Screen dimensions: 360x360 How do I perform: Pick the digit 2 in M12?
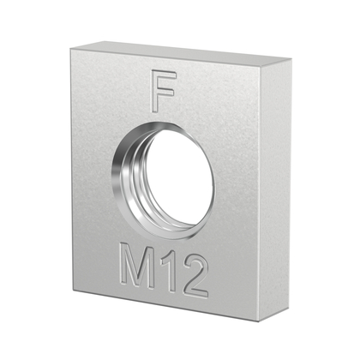click(x=195, y=279)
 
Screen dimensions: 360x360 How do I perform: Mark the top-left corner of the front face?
click(x=72, y=51)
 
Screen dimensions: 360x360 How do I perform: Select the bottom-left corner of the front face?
click(x=75, y=289)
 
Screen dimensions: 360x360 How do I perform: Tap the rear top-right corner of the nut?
click(x=291, y=61)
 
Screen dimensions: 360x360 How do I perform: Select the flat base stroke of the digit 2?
click(x=196, y=293)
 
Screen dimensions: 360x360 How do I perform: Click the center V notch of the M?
click(x=138, y=273)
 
